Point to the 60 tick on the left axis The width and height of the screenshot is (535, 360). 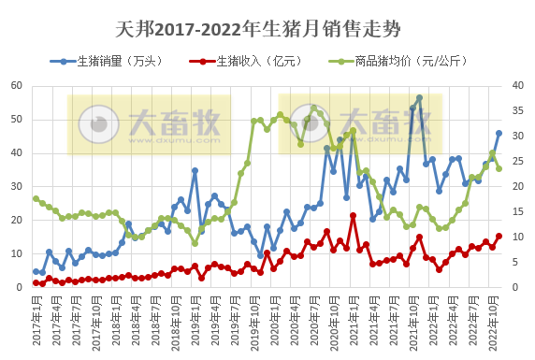tap(17, 86)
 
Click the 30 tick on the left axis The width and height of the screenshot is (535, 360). tap(17, 187)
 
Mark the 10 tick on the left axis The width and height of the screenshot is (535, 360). tap(17, 254)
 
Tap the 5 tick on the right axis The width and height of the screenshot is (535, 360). tap(518, 263)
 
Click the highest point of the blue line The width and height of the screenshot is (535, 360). tap(419, 98)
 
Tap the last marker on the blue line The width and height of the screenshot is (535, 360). tap(499, 133)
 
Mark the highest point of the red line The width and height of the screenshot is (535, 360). tap(353, 216)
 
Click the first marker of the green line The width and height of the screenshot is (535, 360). tap(36, 198)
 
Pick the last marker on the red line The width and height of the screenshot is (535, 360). tap(499, 237)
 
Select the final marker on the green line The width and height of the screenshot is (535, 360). tap(499, 168)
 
